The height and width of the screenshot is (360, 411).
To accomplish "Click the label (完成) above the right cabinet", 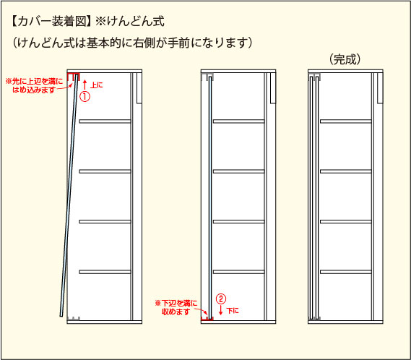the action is pos(345,59).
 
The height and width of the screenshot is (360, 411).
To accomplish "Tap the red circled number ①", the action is pos(85,96).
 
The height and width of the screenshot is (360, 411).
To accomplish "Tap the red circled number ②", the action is pos(221,299).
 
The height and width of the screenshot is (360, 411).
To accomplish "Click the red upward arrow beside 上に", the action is pos(85,85).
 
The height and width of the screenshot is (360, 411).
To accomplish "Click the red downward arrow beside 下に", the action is pos(221,310).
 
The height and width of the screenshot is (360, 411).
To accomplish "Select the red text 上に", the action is pos(97,85).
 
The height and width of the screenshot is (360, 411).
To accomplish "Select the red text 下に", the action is pos(233,311).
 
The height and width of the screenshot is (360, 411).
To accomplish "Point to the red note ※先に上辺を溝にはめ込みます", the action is pos(34,85).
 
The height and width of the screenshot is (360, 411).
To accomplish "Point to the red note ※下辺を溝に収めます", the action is pos(176,307).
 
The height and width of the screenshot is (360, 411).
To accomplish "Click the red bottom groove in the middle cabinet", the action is pos(207,318).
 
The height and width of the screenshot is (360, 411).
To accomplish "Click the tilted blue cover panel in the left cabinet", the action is pos(69,195).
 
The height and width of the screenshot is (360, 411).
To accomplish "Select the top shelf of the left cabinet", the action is pos(105,121).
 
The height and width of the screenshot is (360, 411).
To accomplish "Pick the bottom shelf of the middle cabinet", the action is pos(239,272).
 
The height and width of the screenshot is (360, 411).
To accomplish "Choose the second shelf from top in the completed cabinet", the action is pos(346,171).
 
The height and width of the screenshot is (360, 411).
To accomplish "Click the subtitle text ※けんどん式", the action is pos(130,21).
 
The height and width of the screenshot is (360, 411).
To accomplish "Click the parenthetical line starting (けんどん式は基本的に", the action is pos(132,43).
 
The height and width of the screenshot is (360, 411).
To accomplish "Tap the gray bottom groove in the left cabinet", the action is pos(74,318).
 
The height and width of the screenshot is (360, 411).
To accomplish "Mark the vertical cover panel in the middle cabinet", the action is pos(210,198).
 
